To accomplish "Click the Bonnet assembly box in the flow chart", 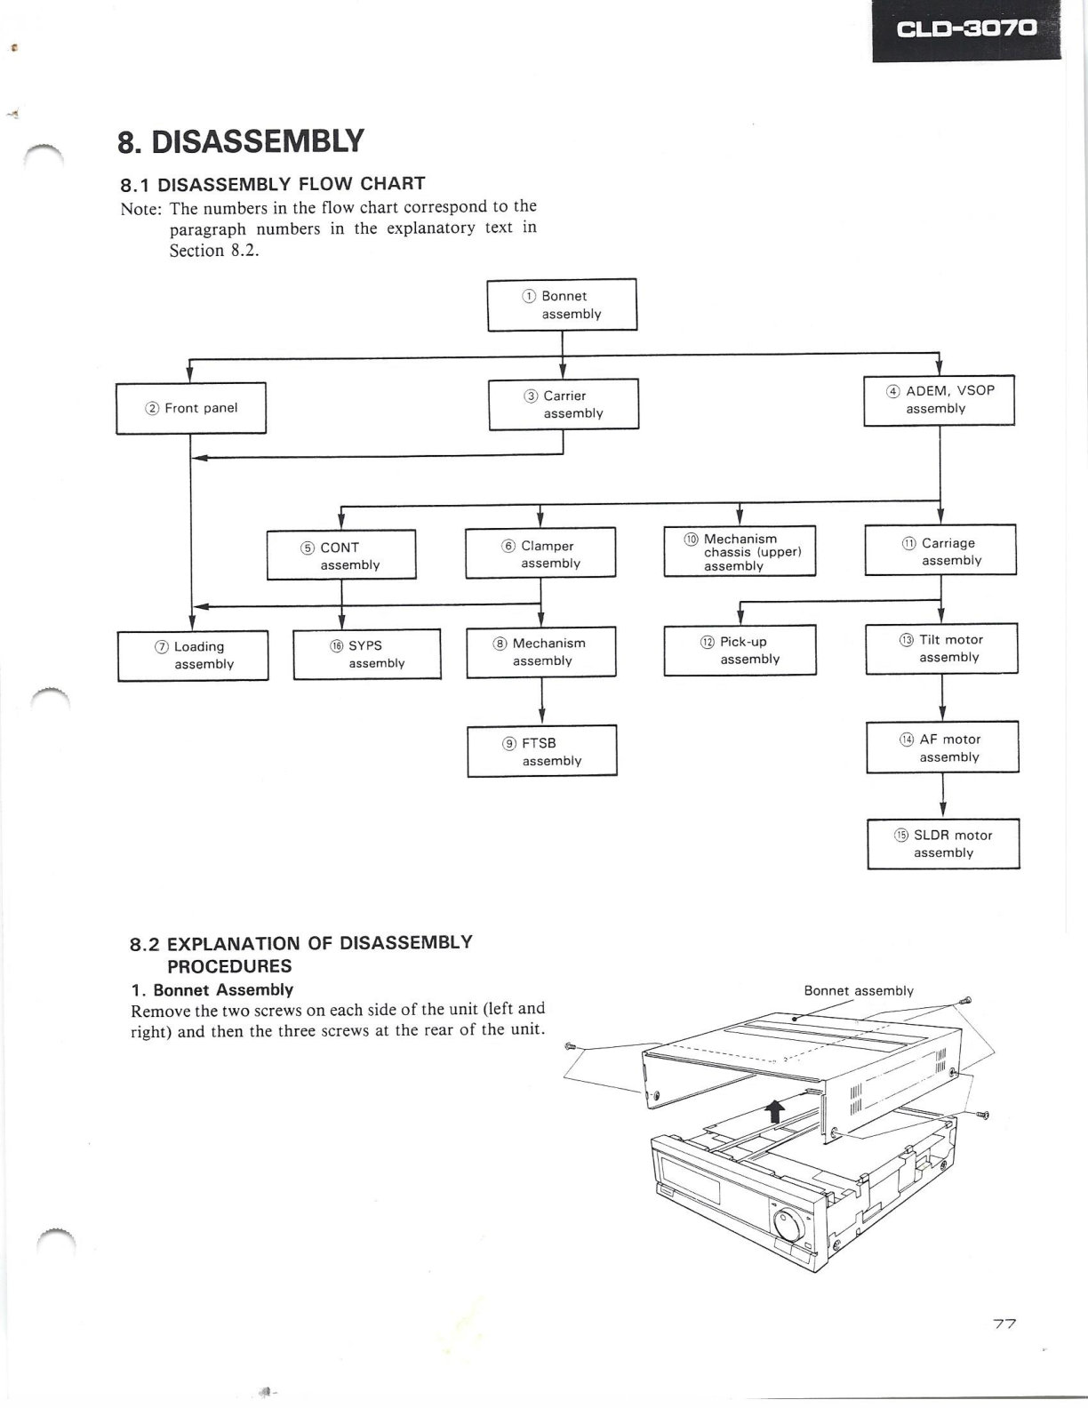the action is [562, 305].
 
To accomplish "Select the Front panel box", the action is [190, 408].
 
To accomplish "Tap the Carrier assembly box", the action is [564, 404].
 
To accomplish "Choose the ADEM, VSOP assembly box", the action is [939, 400].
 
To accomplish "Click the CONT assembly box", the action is [341, 555].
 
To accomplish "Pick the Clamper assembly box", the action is [540, 553].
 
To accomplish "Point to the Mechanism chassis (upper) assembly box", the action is [740, 551].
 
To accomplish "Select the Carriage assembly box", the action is [940, 550].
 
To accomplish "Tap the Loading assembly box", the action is [193, 656].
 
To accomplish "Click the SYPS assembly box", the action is [367, 654].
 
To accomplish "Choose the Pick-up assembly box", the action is [740, 651].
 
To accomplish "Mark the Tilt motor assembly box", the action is [941, 649].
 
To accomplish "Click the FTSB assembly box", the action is [541, 751].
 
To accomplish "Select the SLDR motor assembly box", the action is [943, 844].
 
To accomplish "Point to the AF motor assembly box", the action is [942, 747].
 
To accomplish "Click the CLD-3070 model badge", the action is [966, 30].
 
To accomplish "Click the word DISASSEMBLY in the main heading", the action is [257, 141].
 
